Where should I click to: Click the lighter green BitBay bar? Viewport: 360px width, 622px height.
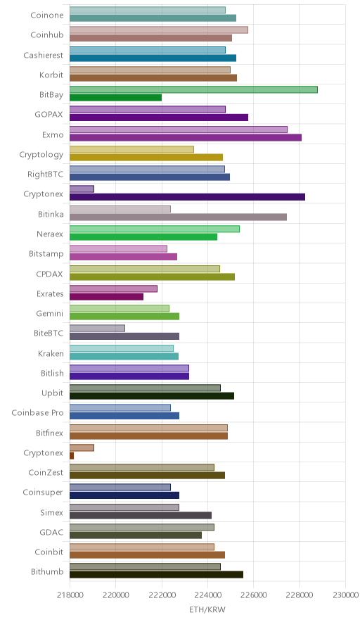(x=193, y=89)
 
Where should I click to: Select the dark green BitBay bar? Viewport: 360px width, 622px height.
(x=116, y=98)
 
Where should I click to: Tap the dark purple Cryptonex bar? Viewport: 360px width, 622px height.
(x=187, y=197)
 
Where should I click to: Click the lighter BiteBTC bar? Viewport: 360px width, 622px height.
(x=97, y=328)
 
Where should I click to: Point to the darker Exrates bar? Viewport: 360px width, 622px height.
(x=106, y=296)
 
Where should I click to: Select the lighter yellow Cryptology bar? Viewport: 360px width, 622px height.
(x=131, y=149)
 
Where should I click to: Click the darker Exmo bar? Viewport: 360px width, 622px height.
(x=186, y=137)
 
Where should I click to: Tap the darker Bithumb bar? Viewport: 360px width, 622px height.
(x=156, y=575)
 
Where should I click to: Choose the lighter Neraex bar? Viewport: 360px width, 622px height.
(x=155, y=229)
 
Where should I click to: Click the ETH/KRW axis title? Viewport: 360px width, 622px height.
(x=207, y=610)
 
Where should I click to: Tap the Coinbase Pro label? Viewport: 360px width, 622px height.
(x=37, y=412)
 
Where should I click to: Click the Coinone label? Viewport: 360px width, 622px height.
(x=47, y=15)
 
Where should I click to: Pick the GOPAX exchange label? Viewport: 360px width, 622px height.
(x=49, y=114)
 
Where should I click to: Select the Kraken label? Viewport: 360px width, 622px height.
(x=51, y=353)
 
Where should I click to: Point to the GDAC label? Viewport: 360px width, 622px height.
(x=51, y=533)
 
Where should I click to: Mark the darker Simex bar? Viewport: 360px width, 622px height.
(x=141, y=515)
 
